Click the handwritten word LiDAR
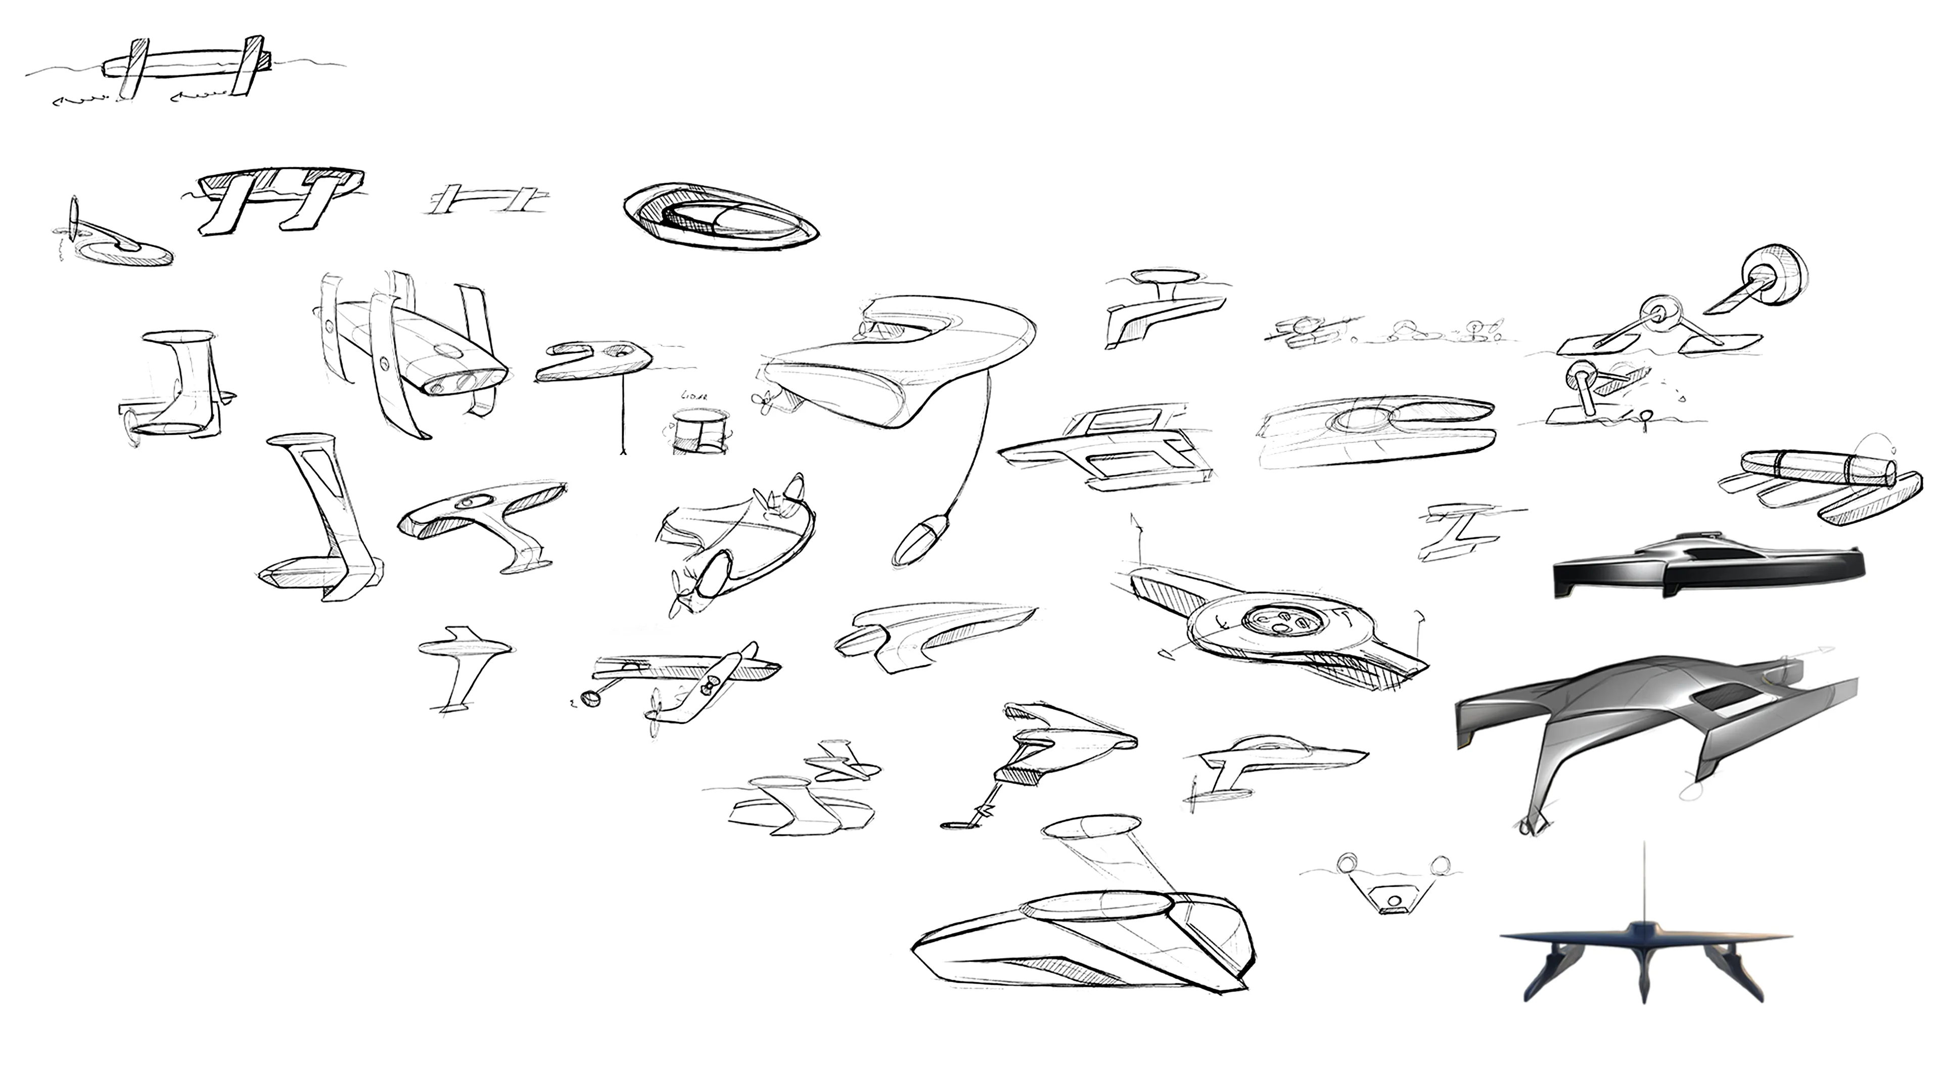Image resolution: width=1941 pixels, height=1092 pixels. tap(691, 395)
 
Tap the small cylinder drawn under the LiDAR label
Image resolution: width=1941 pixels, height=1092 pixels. tap(700, 432)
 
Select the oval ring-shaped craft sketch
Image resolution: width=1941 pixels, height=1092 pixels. tap(720, 215)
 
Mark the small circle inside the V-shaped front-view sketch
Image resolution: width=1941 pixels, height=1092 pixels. tap(1393, 900)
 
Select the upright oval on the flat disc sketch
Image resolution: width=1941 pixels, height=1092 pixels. tap(74, 218)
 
